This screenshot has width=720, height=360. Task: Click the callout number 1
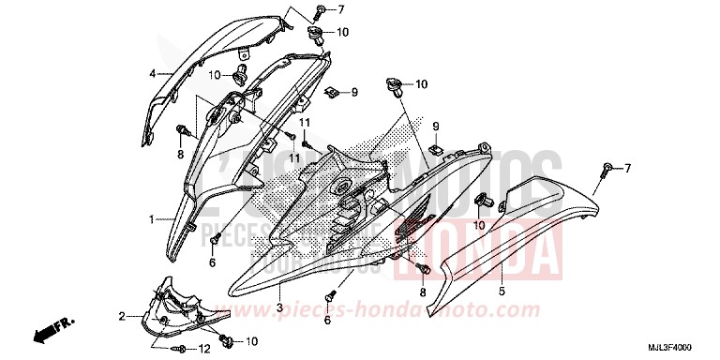149,218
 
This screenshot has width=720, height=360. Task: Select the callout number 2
122,316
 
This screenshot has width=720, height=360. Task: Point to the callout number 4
151,72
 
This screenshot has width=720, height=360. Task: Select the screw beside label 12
178,349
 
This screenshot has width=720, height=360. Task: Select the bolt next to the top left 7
321,11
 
